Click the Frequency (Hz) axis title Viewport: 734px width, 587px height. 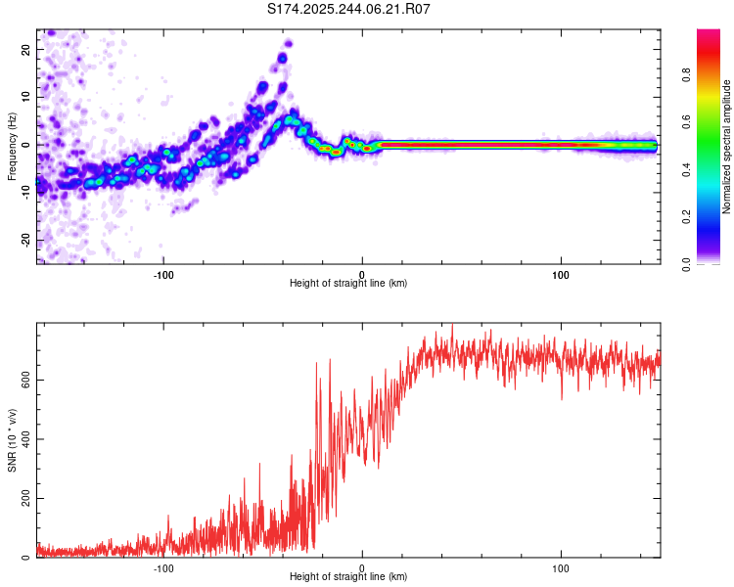[x=12, y=146]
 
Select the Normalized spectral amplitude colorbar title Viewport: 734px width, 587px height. [x=727, y=147]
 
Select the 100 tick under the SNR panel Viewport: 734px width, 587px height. [x=561, y=567]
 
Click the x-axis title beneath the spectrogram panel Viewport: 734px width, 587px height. [x=348, y=283]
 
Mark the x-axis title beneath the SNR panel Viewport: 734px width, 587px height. [x=348, y=578]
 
